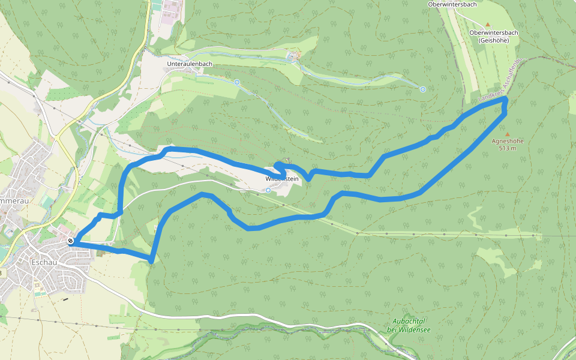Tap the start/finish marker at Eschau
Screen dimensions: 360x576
click(71, 241)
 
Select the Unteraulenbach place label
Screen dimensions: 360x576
click(190, 63)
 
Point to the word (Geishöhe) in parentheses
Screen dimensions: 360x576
click(494, 40)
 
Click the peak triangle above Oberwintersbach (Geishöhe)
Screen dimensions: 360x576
click(487, 25)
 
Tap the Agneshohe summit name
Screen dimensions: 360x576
click(508, 142)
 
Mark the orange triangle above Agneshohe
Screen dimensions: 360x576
click(508, 134)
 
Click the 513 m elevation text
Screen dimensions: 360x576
click(508, 148)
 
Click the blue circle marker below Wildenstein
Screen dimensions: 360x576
click(268, 190)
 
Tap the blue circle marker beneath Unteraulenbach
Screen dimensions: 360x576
click(237, 82)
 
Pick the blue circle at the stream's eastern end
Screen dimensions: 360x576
click(423, 89)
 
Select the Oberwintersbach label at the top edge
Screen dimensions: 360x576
click(452, 4)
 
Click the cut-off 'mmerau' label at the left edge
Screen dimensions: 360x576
click(13, 198)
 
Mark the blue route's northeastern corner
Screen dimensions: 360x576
click(506, 100)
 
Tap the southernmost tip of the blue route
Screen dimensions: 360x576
click(151, 260)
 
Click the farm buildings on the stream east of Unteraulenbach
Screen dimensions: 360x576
click(293, 56)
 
